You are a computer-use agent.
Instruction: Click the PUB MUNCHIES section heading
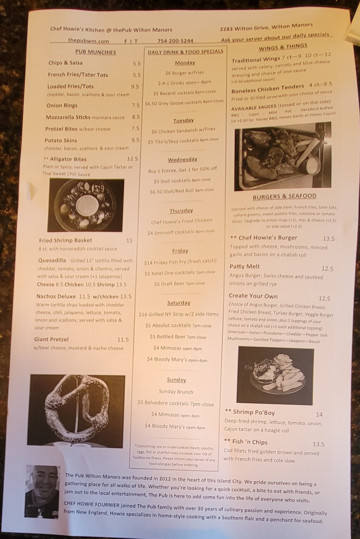coord(95,52)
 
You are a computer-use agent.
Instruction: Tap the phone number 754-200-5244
coord(175,41)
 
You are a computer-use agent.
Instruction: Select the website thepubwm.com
coord(88,41)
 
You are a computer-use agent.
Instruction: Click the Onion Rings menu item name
coord(62,105)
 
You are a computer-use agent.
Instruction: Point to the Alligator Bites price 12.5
coord(132,159)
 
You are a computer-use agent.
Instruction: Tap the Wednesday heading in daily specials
coord(182,160)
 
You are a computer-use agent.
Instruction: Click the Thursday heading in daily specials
coord(181,210)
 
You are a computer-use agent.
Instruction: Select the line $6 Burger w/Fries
coord(185,73)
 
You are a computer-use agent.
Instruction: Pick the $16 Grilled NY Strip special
coord(179,314)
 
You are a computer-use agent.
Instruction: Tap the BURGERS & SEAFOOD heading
coord(284,196)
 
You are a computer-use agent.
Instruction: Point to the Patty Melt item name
coord(244,266)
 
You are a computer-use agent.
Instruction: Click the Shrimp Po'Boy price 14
coord(319,414)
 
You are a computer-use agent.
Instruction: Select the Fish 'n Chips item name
coord(250,442)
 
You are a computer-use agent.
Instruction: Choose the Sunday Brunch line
coord(176,392)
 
